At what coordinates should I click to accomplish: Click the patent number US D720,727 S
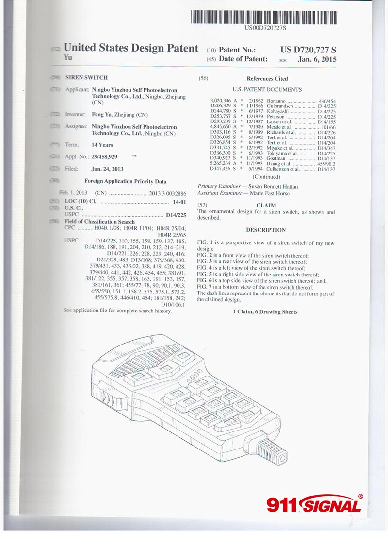pos(308,50)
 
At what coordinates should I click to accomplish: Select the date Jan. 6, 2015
pos(317,59)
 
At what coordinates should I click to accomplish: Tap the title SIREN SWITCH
pos(86,78)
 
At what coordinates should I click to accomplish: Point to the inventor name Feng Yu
pos(101,115)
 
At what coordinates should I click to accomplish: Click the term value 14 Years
pos(102,145)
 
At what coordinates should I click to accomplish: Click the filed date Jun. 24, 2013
pos(107,169)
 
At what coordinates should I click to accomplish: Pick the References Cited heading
pos(267,79)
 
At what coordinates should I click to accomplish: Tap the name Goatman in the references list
pos(277,158)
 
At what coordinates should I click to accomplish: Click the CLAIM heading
pos(266,206)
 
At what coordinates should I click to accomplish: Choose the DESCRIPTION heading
pos(266,230)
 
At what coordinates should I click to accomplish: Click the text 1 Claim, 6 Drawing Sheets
pos(266,311)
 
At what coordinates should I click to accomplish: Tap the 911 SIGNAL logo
pos(314,504)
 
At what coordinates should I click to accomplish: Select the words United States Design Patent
pos(131,48)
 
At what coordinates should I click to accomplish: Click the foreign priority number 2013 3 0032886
pos(168,193)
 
